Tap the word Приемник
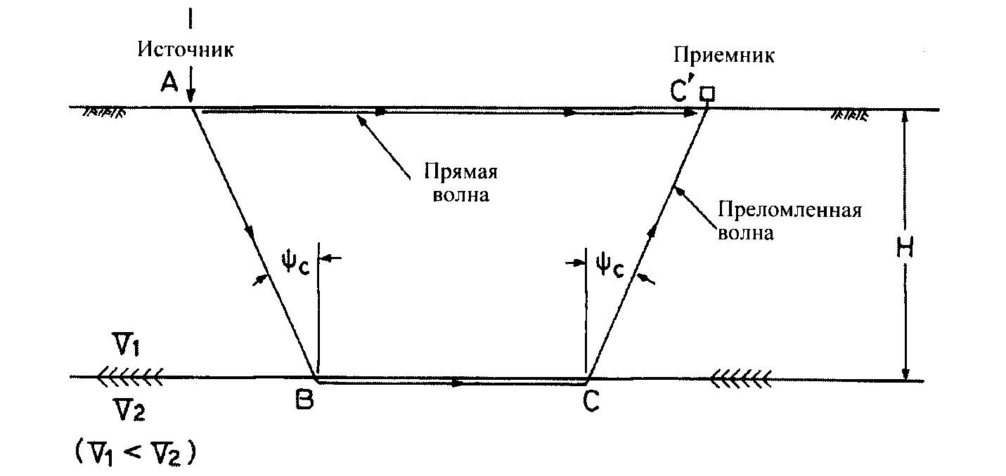[x=724, y=55]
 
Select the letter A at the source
[x=169, y=84]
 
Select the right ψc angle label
[x=610, y=266]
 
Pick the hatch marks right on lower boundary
[x=742, y=380]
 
